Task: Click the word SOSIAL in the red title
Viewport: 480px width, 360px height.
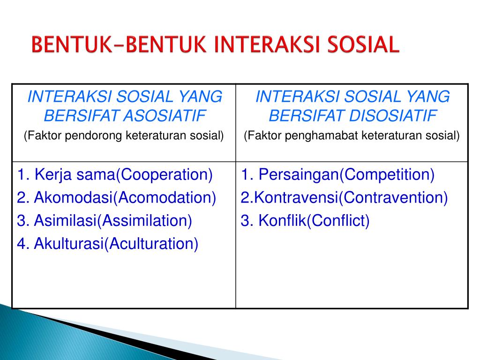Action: pyautogui.click(x=363, y=45)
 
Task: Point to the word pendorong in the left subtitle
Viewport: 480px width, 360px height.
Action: pyautogui.click(x=93, y=135)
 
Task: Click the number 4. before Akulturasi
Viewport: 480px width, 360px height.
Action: pyautogui.click(x=23, y=244)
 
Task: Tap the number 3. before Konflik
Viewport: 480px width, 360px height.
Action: pyautogui.click(x=247, y=221)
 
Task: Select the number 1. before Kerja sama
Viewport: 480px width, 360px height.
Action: pyautogui.click(x=23, y=175)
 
